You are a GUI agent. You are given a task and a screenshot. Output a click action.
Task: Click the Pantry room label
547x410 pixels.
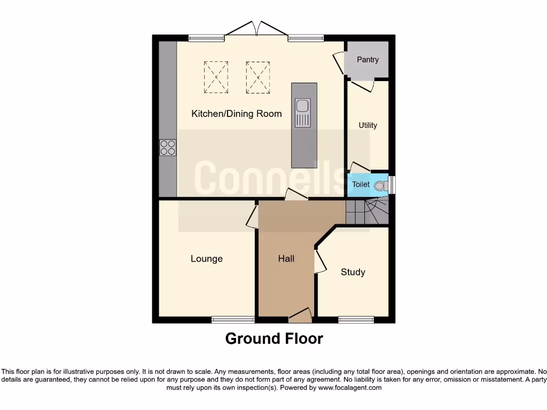(x=368, y=59)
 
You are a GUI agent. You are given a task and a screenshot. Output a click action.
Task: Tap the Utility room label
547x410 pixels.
(x=368, y=125)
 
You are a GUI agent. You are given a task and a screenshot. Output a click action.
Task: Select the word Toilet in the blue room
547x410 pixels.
(x=361, y=184)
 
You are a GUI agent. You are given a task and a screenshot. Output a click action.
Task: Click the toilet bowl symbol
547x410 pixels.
(x=380, y=185)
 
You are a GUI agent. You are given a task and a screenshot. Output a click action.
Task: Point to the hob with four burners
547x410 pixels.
(x=168, y=147)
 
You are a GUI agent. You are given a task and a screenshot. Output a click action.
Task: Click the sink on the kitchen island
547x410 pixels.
(x=303, y=113)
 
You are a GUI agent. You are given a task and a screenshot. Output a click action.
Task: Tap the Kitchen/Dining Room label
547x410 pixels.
(x=236, y=113)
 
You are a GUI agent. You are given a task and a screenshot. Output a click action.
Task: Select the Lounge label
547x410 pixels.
(x=207, y=258)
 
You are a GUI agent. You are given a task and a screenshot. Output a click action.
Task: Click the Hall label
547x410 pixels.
(x=286, y=258)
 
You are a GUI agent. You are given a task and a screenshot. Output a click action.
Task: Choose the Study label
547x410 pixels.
(x=353, y=272)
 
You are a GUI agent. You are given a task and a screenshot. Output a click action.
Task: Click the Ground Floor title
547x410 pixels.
(x=273, y=338)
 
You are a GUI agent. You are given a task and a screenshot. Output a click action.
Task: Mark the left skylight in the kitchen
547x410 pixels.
(x=216, y=77)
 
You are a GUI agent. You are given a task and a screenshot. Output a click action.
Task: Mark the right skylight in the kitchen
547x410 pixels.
(x=259, y=77)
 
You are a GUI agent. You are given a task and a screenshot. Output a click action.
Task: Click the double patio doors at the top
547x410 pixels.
(x=256, y=29)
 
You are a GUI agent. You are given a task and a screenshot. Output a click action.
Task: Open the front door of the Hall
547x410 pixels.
(x=300, y=317)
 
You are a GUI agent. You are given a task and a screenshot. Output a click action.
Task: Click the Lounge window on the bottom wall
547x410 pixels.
(x=233, y=320)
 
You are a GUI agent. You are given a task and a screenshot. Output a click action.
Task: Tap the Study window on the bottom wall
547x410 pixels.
(x=356, y=320)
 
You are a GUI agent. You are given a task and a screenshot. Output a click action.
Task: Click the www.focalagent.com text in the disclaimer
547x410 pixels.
(x=350, y=388)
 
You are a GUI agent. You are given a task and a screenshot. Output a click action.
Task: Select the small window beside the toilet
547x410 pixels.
(x=392, y=184)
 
